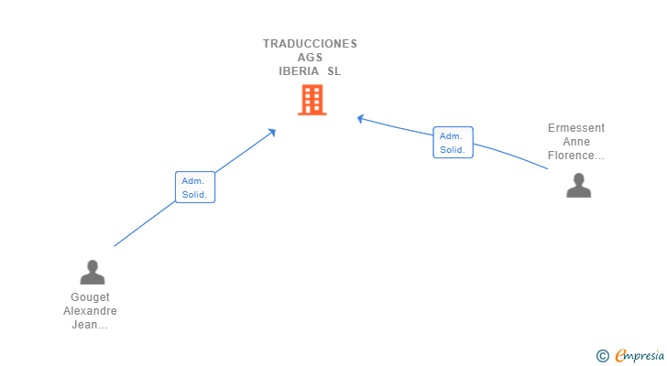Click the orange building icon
click(312, 100)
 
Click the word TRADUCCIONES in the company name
click(310, 43)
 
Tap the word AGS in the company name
click(310, 57)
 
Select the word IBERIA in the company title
click(300, 70)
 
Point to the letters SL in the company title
click(333, 70)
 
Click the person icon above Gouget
click(92, 272)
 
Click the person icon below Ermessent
click(578, 185)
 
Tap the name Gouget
click(90, 297)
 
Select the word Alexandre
click(90, 311)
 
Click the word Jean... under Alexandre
click(90, 325)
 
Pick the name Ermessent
click(576, 128)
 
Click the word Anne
click(576, 142)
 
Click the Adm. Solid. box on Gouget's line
click(195, 188)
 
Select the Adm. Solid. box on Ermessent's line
click(453, 143)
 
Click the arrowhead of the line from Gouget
click(272, 132)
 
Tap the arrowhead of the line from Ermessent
click(361, 117)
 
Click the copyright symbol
click(602, 356)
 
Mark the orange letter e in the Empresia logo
click(620, 356)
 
